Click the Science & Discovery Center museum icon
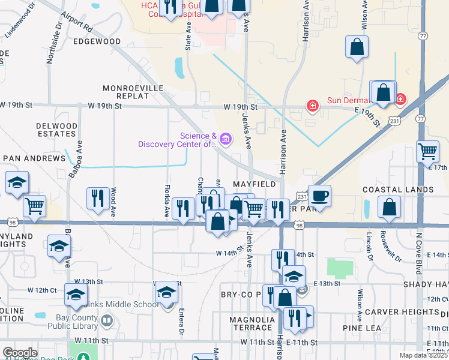click(x=226, y=140)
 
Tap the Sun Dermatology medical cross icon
click(x=312, y=106)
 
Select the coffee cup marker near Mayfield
click(x=320, y=196)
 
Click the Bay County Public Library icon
click(x=107, y=321)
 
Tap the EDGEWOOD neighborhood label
click(x=97, y=41)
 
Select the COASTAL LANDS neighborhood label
click(x=398, y=190)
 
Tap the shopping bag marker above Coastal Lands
click(x=390, y=207)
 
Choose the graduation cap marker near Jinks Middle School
click(x=167, y=293)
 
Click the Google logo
click(x=20, y=353)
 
